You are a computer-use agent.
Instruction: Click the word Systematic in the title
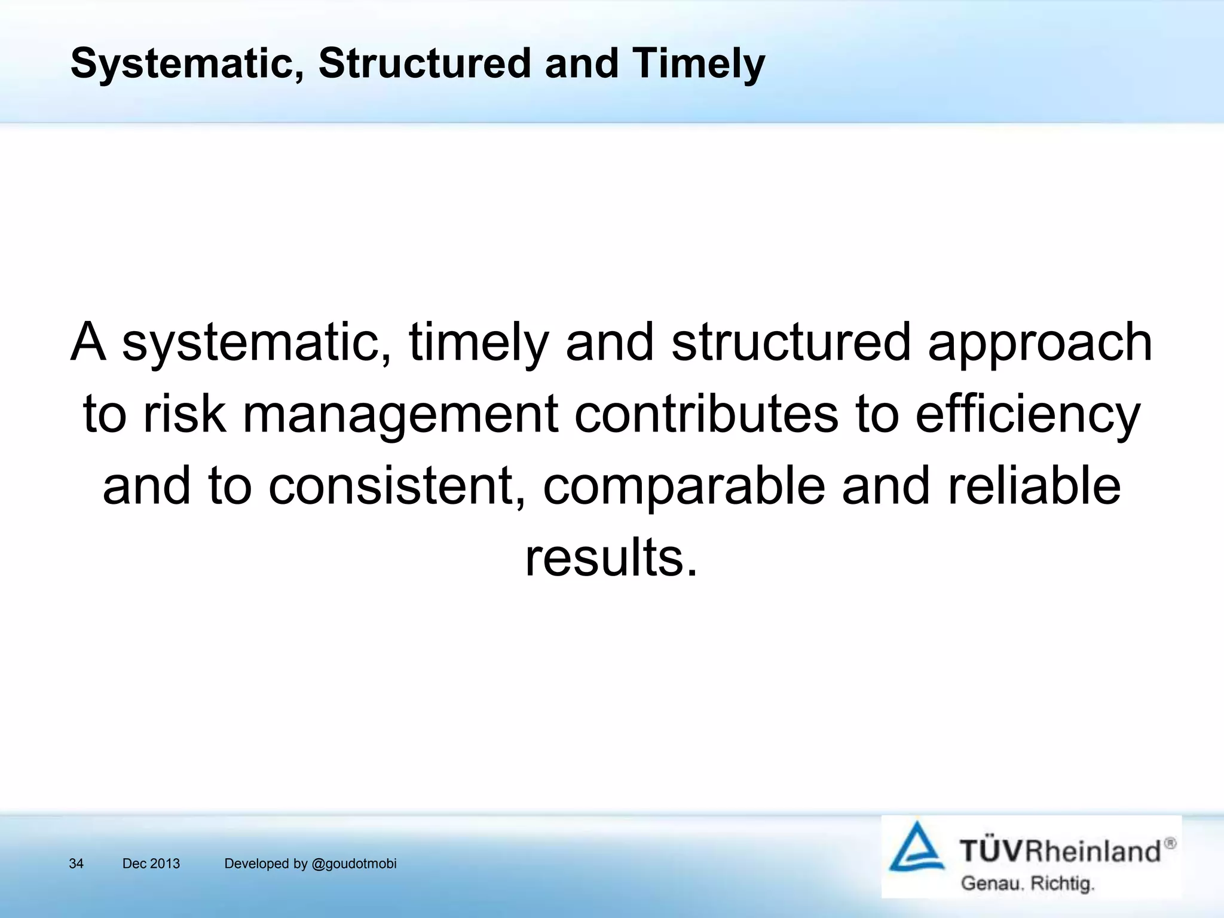[182, 64]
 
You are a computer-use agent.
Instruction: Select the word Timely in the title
[698, 64]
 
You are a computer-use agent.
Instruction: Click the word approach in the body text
[1039, 342]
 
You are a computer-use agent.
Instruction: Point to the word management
[400, 415]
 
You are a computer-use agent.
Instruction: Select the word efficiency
[1028, 415]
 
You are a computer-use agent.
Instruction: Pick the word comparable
[684, 486]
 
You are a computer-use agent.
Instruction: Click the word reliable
[1034, 485]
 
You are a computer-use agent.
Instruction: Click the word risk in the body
[185, 414]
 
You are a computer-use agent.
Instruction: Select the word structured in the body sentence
[791, 342]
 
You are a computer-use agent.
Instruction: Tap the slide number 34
[76, 864]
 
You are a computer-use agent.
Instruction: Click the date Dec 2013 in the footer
[151, 864]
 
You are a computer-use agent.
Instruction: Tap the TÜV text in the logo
[992, 850]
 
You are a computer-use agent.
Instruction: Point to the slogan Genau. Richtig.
[1027, 883]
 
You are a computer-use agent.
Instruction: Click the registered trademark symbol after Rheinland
[1170, 843]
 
